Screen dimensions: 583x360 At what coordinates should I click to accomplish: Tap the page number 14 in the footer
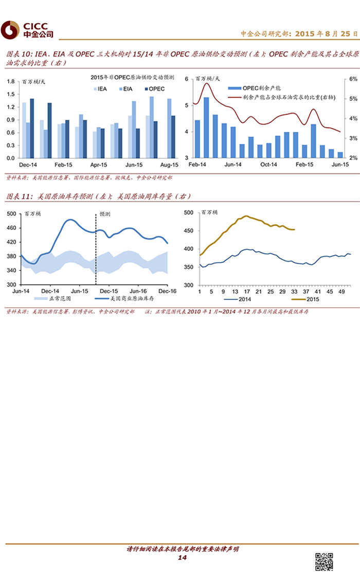point(182,558)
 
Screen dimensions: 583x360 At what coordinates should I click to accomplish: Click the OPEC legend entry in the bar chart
point(154,89)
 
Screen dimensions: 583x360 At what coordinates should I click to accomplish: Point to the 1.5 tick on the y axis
point(11,94)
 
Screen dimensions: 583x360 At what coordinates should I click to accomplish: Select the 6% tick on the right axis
point(353,79)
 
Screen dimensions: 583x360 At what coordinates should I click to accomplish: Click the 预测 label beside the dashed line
point(104,214)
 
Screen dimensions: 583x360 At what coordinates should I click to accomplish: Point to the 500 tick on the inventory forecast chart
point(11,212)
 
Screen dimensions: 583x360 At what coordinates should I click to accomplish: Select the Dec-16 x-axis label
point(168,291)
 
